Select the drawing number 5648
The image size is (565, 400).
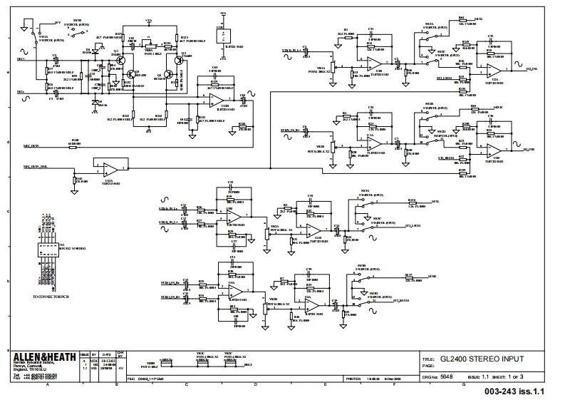click(x=446, y=375)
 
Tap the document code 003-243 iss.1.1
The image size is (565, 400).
click(x=514, y=391)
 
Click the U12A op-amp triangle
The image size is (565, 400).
click(x=110, y=168)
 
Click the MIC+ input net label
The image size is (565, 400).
click(x=21, y=59)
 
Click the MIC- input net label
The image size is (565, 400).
click(x=21, y=92)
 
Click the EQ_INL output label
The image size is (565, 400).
click(x=530, y=70)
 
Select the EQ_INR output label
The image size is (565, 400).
click(x=529, y=150)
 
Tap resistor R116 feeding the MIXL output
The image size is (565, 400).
click(x=411, y=202)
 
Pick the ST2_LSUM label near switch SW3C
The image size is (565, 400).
click(x=412, y=225)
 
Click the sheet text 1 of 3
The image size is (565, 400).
click(x=512, y=375)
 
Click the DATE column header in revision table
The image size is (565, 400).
click(x=105, y=352)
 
